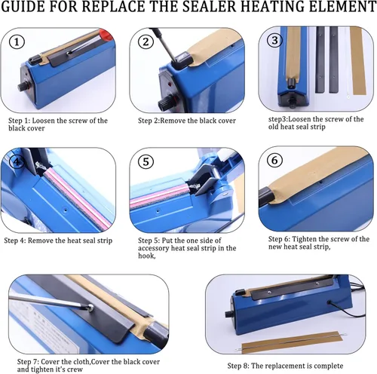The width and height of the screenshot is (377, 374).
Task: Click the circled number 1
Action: click(17, 42)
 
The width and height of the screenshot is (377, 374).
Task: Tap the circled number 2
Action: click(146, 41)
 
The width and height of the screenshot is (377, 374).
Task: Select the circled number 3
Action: click(274, 40)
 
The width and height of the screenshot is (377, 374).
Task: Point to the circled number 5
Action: click(146, 161)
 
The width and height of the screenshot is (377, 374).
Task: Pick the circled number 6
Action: click(274, 160)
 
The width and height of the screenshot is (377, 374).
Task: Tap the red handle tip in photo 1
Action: click(106, 35)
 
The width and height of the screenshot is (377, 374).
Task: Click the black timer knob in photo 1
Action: click(23, 86)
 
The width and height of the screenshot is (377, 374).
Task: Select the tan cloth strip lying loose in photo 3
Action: click(357, 61)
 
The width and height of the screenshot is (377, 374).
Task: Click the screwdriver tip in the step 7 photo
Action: click(90, 307)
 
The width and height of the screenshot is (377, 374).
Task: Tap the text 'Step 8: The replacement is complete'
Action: click(285, 366)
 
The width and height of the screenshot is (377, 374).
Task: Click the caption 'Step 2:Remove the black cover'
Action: click(187, 121)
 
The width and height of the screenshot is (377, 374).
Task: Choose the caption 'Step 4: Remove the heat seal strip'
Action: click(58, 241)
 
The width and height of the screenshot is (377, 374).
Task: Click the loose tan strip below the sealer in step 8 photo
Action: click(292, 342)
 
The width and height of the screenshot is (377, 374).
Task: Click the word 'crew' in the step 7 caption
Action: click(75, 369)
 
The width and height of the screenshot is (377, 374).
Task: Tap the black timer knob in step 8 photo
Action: click(229, 314)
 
